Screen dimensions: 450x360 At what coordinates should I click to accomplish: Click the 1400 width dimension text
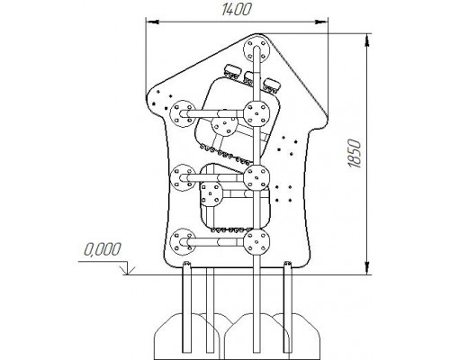[237, 10]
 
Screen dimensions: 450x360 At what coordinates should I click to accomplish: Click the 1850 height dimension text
[355, 153]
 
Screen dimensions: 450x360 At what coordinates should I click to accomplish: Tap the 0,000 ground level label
[103, 249]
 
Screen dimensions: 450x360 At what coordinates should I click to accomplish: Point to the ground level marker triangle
[127, 268]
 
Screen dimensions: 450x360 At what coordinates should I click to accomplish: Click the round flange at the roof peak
[256, 49]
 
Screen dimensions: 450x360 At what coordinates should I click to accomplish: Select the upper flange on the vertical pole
[256, 113]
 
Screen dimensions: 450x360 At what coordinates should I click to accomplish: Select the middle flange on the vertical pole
[256, 177]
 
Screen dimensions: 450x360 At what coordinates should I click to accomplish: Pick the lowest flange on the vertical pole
[256, 242]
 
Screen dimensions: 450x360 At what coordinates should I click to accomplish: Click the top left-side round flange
[183, 113]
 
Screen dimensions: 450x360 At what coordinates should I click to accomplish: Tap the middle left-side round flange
[183, 178]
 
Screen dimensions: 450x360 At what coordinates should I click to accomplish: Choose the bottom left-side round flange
[183, 242]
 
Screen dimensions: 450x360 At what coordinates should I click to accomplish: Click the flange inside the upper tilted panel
[225, 126]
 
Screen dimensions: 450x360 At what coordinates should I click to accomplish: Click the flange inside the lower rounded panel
[211, 193]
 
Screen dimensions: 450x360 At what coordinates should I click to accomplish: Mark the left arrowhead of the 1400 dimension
[152, 22]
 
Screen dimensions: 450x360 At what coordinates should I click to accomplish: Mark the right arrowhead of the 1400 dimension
[321, 22]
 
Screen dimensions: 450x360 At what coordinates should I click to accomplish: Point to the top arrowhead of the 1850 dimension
[366, 40]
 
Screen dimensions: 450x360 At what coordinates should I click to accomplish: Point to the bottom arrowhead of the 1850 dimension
[366, 267]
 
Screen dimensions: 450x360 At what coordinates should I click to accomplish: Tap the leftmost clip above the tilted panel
[232, 71]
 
